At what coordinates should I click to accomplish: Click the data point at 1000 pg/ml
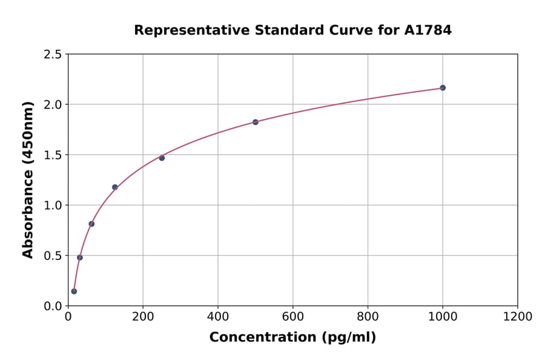pos(443,88)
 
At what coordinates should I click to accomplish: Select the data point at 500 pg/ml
pos(256,122)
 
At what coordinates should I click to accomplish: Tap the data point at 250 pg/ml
pos(162,158)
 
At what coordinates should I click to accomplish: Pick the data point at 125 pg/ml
pos(115,187)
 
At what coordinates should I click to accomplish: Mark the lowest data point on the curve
pos(74,291)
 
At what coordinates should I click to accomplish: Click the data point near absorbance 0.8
pos(91,224)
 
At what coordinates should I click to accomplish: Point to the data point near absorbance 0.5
pos(80,258)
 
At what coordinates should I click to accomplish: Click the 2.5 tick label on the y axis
pos(52,55)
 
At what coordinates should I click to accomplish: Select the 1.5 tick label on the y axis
pos(52,155)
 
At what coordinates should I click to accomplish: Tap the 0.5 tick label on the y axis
pos(52,256)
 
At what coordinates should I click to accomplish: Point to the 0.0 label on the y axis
pos(52,306)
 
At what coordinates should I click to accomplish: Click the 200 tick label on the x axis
pos(143,316)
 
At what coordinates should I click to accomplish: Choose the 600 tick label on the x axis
pos(293,316)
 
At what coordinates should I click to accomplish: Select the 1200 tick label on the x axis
pos(518,316)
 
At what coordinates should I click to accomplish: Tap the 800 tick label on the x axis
pos(368,316)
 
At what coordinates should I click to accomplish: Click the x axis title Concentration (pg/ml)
pos(292,337)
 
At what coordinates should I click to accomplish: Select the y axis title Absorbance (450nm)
pos(28,179)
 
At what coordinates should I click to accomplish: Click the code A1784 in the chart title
pos(428,30)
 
